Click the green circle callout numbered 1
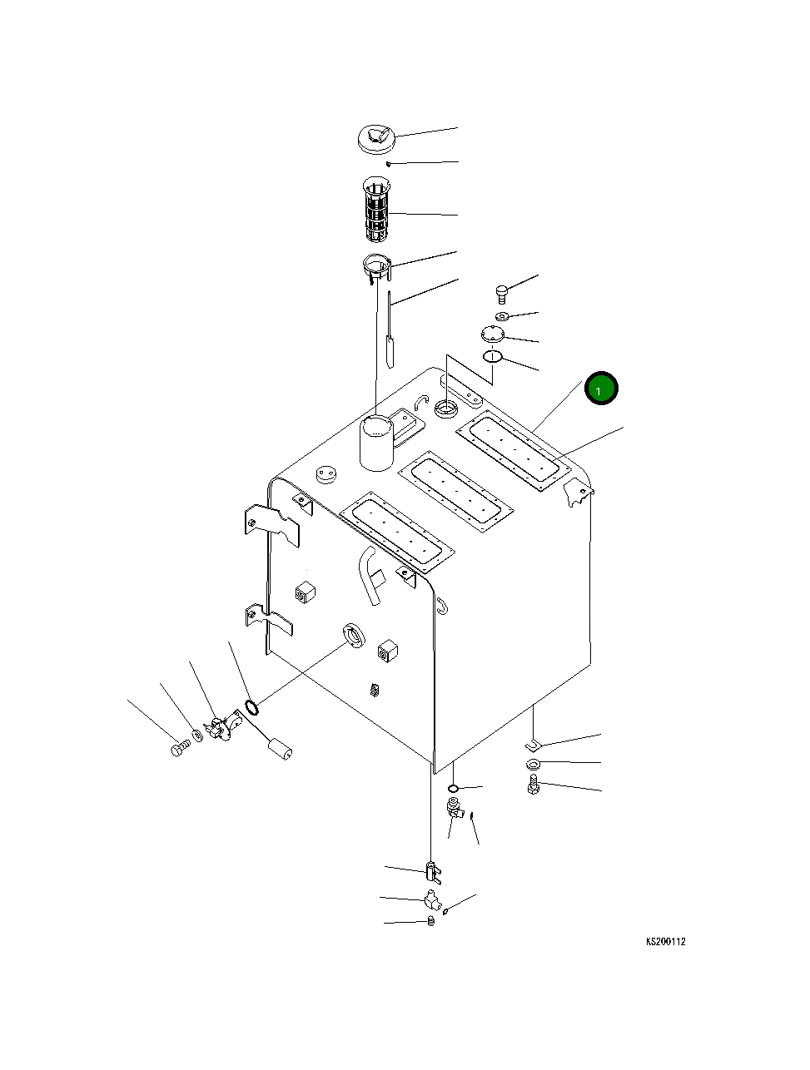(x=600, y=389)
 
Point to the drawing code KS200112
(x=665, y=942)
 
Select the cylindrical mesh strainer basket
(x=377, y=208)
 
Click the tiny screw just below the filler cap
(x=388, y=164)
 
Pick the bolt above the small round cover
(x=501, y=292)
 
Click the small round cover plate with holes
(x=493, y=335)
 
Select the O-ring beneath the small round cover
(x=493, y=357)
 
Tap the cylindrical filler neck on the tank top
(x=376, y=443)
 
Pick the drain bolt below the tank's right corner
(x=534, y=785)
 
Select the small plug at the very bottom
(x=430, y=922)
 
